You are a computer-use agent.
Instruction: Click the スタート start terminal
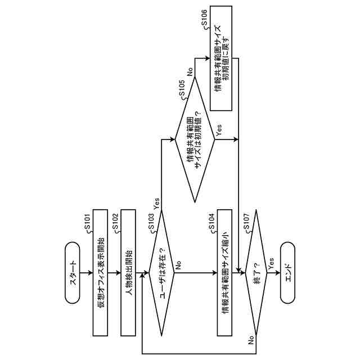click(x=73, y=273)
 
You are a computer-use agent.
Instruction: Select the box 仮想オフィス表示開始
click(x=100, y=273)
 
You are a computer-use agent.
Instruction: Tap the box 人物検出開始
click(x=128, y=273)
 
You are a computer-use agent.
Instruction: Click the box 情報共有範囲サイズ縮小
click(x=224, y=273)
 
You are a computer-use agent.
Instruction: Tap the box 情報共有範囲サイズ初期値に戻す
click(x=223, y=58)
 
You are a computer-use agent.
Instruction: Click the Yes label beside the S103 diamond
click(x=156, y=201)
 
